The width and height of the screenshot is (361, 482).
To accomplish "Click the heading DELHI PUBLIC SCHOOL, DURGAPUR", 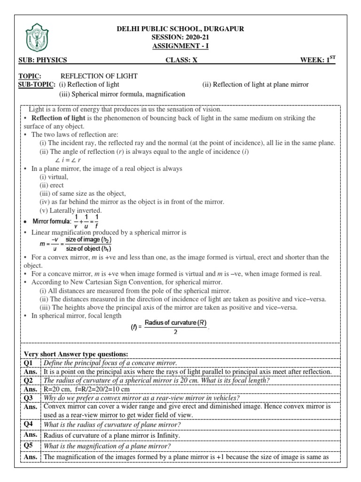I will tap(180, 29).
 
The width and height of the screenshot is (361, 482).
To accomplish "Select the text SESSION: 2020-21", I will tap(180, 37).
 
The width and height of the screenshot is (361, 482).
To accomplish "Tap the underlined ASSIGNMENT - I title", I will tap(180, 46).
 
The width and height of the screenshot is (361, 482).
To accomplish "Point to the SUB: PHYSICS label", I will tap(43, 60).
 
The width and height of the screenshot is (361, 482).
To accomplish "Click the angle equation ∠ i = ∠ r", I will tap(69, 160).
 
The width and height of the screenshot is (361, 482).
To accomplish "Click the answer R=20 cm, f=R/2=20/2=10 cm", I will tap(86, 389).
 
